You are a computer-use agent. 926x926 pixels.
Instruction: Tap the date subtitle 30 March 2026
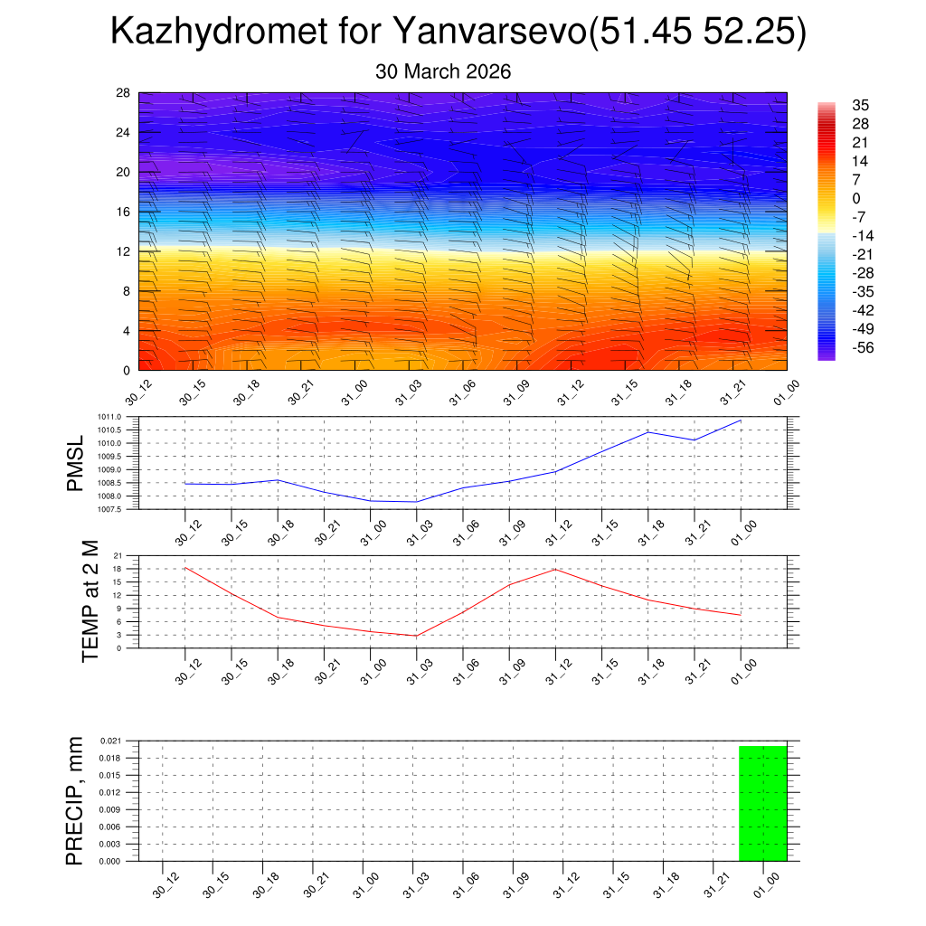(443, 71)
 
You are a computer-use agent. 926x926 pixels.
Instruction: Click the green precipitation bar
(762, 803)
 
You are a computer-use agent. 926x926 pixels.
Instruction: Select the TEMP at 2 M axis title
(90, 600)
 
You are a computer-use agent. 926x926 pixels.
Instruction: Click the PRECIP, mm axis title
(74, 801)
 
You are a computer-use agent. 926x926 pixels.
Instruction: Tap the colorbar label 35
(860, 106)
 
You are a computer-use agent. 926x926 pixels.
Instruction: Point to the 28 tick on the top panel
(123, 93)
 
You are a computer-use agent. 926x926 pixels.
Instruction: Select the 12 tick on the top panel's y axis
(123, 251)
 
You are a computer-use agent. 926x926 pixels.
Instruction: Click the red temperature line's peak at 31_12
(555, 569)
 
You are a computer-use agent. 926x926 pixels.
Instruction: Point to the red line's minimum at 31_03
(416, 636)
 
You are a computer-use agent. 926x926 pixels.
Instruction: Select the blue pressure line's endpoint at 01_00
(741, 420)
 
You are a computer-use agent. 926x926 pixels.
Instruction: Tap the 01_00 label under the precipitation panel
(766, 883)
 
